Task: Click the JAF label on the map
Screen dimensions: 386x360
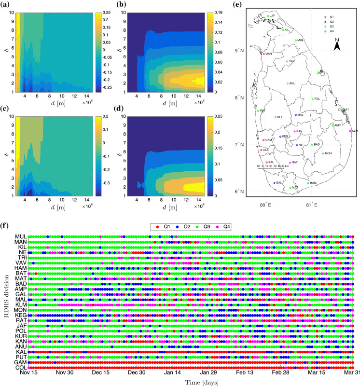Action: click(x=273, y=16)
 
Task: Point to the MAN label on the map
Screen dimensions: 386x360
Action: click(x=269, y=54)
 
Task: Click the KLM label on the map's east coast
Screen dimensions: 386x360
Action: click(x=355, y=131)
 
